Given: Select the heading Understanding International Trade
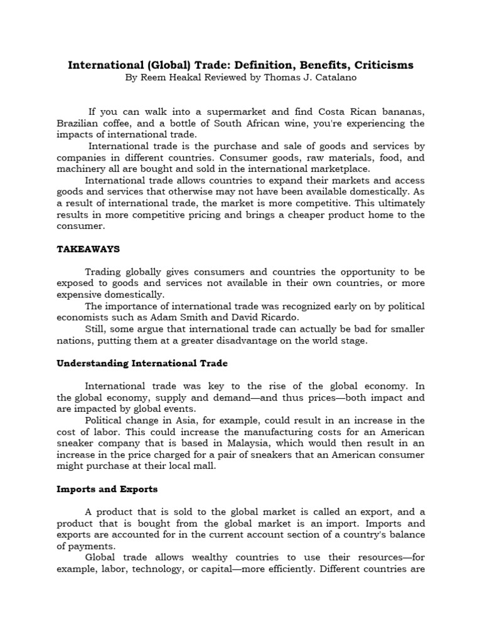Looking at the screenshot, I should click(x=142, y=364).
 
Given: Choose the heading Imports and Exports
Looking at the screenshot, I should click(x=107, y=489).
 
